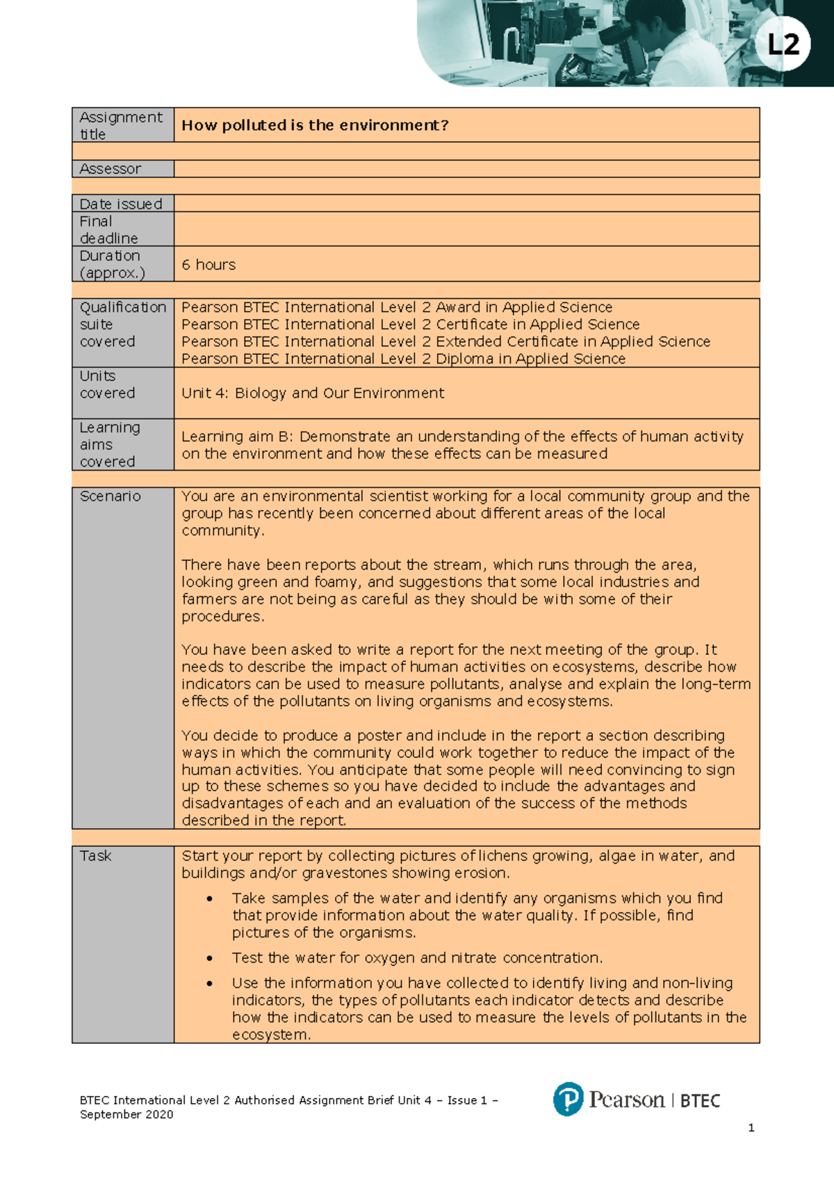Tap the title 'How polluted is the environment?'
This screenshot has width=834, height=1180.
(x=315, y=125)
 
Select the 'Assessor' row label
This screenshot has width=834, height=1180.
(x=111, y=169)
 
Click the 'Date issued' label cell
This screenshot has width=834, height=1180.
(x=121, y=204)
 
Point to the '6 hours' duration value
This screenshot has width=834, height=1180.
(x=208, y=265)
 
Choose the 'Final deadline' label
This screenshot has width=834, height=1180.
(x=108, y=229)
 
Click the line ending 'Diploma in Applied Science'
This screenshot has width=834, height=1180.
(x=403, y=359)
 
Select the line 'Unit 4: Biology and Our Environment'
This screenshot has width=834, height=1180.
(x=313, y=393)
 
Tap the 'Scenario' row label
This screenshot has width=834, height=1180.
(x=111, y=496)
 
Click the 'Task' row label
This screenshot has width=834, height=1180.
(x=96, y=856)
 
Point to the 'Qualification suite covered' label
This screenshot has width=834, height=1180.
(x=122, y=325)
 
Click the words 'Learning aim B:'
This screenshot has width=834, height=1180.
(x=236, y=437)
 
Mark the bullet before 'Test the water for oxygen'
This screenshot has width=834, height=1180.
(x=209, y=958)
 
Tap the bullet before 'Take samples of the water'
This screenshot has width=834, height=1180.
(x=209, y=898)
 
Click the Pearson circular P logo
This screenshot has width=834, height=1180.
(x=568, y=1099)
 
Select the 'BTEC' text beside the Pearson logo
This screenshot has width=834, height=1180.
(x=700, y=1101)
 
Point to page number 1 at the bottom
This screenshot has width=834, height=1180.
(x=751, y=1128)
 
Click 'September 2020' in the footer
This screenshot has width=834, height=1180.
(x=126, y=1115)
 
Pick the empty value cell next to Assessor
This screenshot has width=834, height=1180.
(x=466, y=169)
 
